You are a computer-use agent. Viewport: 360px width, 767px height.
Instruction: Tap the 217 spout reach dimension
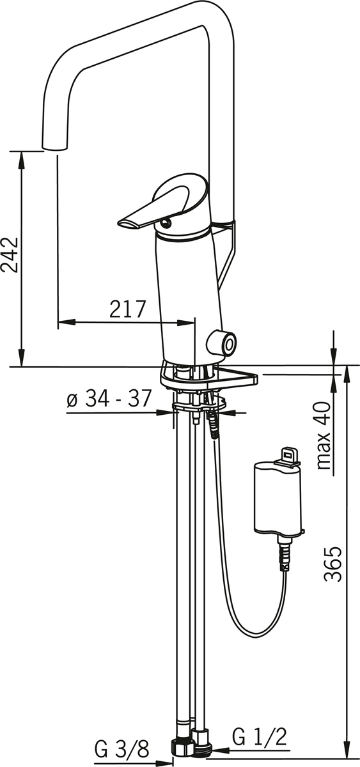128,309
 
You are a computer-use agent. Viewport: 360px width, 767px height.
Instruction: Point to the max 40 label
324,435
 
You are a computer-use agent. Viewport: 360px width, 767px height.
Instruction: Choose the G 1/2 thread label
260,735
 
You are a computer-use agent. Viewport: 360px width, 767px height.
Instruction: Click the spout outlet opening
54,147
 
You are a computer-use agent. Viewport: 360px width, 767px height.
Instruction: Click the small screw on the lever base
166,223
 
